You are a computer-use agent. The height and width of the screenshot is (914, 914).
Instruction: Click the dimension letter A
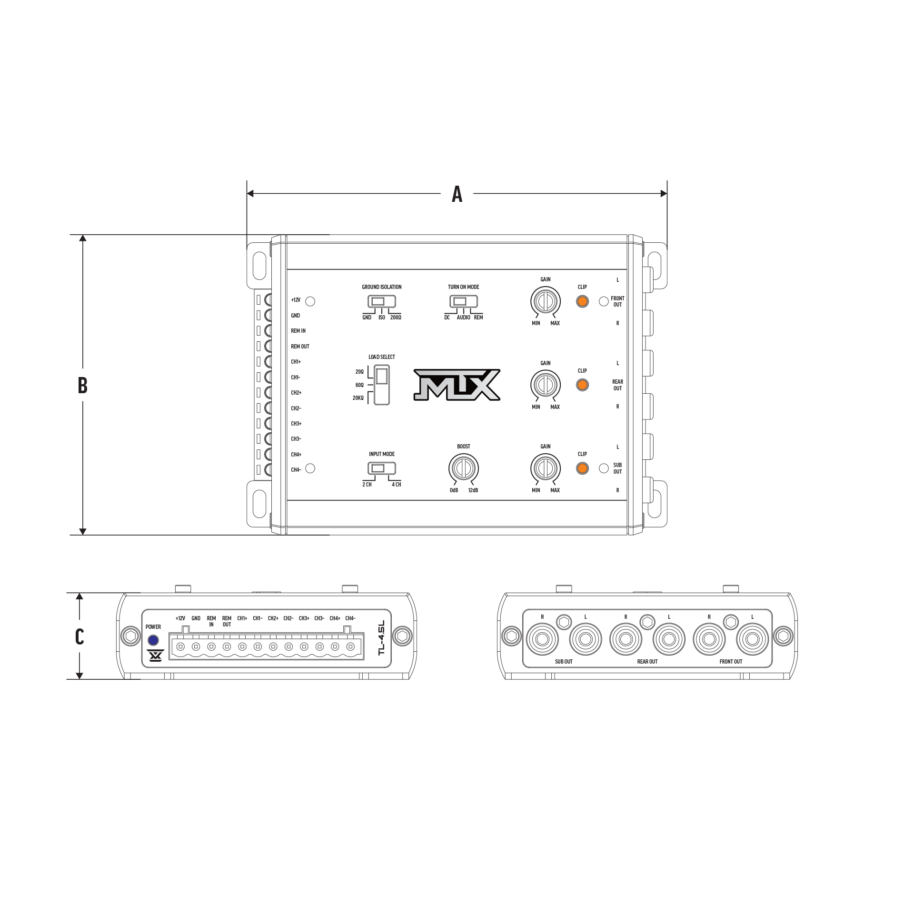(x=457, y=194)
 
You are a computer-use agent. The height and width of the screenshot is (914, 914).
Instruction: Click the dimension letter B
(x=82, y=386)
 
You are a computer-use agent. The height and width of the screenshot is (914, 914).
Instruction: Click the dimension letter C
(x=79, y=636)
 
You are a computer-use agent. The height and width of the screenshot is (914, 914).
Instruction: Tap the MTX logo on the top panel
(x=457, y=384)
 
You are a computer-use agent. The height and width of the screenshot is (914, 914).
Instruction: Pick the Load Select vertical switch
(x=382, y=385)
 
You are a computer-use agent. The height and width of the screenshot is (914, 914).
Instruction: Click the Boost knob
(x=463, y=468)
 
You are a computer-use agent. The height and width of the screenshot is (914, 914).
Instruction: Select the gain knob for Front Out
(x=545, y=301)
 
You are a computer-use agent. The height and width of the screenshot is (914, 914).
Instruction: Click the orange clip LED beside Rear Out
(x=582, y=385)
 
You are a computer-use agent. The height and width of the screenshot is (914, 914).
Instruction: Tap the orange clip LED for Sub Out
(x=582, y=468)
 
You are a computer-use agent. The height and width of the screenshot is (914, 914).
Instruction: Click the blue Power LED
(x=153, y=640)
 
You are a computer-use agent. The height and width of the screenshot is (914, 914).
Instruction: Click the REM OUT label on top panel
(x=300, y=347)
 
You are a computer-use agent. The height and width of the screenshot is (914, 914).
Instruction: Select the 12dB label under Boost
(x=473, y=490)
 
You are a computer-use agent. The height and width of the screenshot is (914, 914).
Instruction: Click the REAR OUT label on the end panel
(x=647, y=662)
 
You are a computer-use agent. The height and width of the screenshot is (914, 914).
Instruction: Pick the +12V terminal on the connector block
(x=180, y=646)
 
